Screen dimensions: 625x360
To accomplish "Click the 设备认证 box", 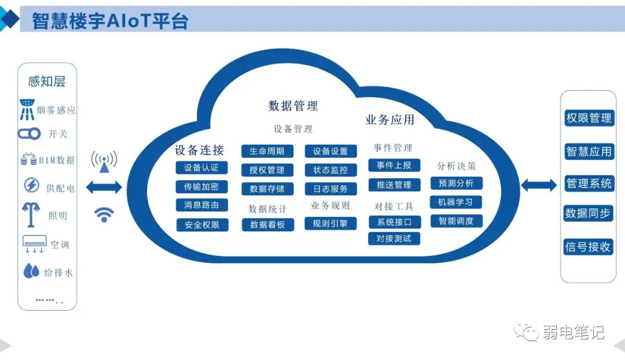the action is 201,168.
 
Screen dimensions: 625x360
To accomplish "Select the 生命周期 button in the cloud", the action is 267,151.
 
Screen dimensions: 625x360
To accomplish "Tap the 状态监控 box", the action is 330,170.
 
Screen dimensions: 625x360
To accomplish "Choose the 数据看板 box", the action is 268,225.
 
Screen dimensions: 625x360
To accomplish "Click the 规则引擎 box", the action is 330,223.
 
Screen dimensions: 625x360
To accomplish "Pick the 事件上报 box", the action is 394,165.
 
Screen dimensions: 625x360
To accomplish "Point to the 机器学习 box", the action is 455,202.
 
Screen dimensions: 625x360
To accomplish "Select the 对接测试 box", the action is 394,238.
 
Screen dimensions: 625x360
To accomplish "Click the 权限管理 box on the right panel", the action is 589,119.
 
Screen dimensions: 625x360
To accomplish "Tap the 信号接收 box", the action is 588,247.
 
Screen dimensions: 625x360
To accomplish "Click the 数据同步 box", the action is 588,214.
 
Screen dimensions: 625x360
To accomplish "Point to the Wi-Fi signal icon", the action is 104,215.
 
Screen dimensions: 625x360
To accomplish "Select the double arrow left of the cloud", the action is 104,187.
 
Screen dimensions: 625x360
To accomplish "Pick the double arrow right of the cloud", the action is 539,185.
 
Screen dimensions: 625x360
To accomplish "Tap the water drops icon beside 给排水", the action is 31,271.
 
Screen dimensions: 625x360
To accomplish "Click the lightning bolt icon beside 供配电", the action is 31,185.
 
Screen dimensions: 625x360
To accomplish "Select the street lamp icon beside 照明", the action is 31,215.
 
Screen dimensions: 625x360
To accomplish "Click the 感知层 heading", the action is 47,82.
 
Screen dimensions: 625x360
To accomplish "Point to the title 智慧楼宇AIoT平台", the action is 109,21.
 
